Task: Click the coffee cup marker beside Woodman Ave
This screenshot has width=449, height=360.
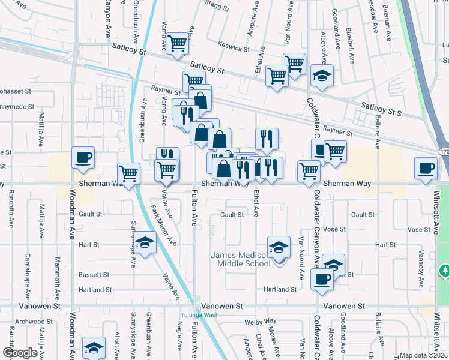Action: click(x=83, y=158)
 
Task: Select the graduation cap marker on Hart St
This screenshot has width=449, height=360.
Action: click(x=145, y=243)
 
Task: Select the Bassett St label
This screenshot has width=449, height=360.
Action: click(x=94, y=275)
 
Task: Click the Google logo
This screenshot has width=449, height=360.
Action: click(x=19, y=353)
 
